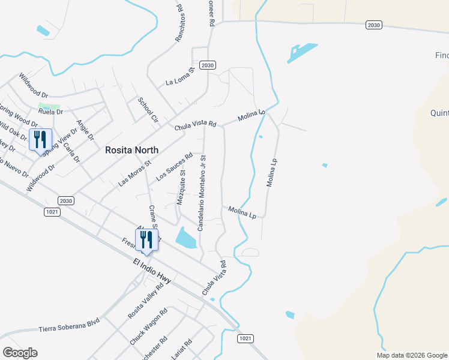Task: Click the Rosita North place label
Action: click(131, 150)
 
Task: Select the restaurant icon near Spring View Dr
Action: click(40, 140)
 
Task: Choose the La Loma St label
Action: click(181, 77)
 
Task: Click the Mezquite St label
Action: click(181, 187)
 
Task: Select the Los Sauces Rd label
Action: click(174, 167)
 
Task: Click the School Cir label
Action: click(148, 110)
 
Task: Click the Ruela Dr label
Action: click(50, 112)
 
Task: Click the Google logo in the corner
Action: click(20, 353)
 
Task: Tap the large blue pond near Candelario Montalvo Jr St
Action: click(186, 238)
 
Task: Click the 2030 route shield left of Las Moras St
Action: click(66, 200)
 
